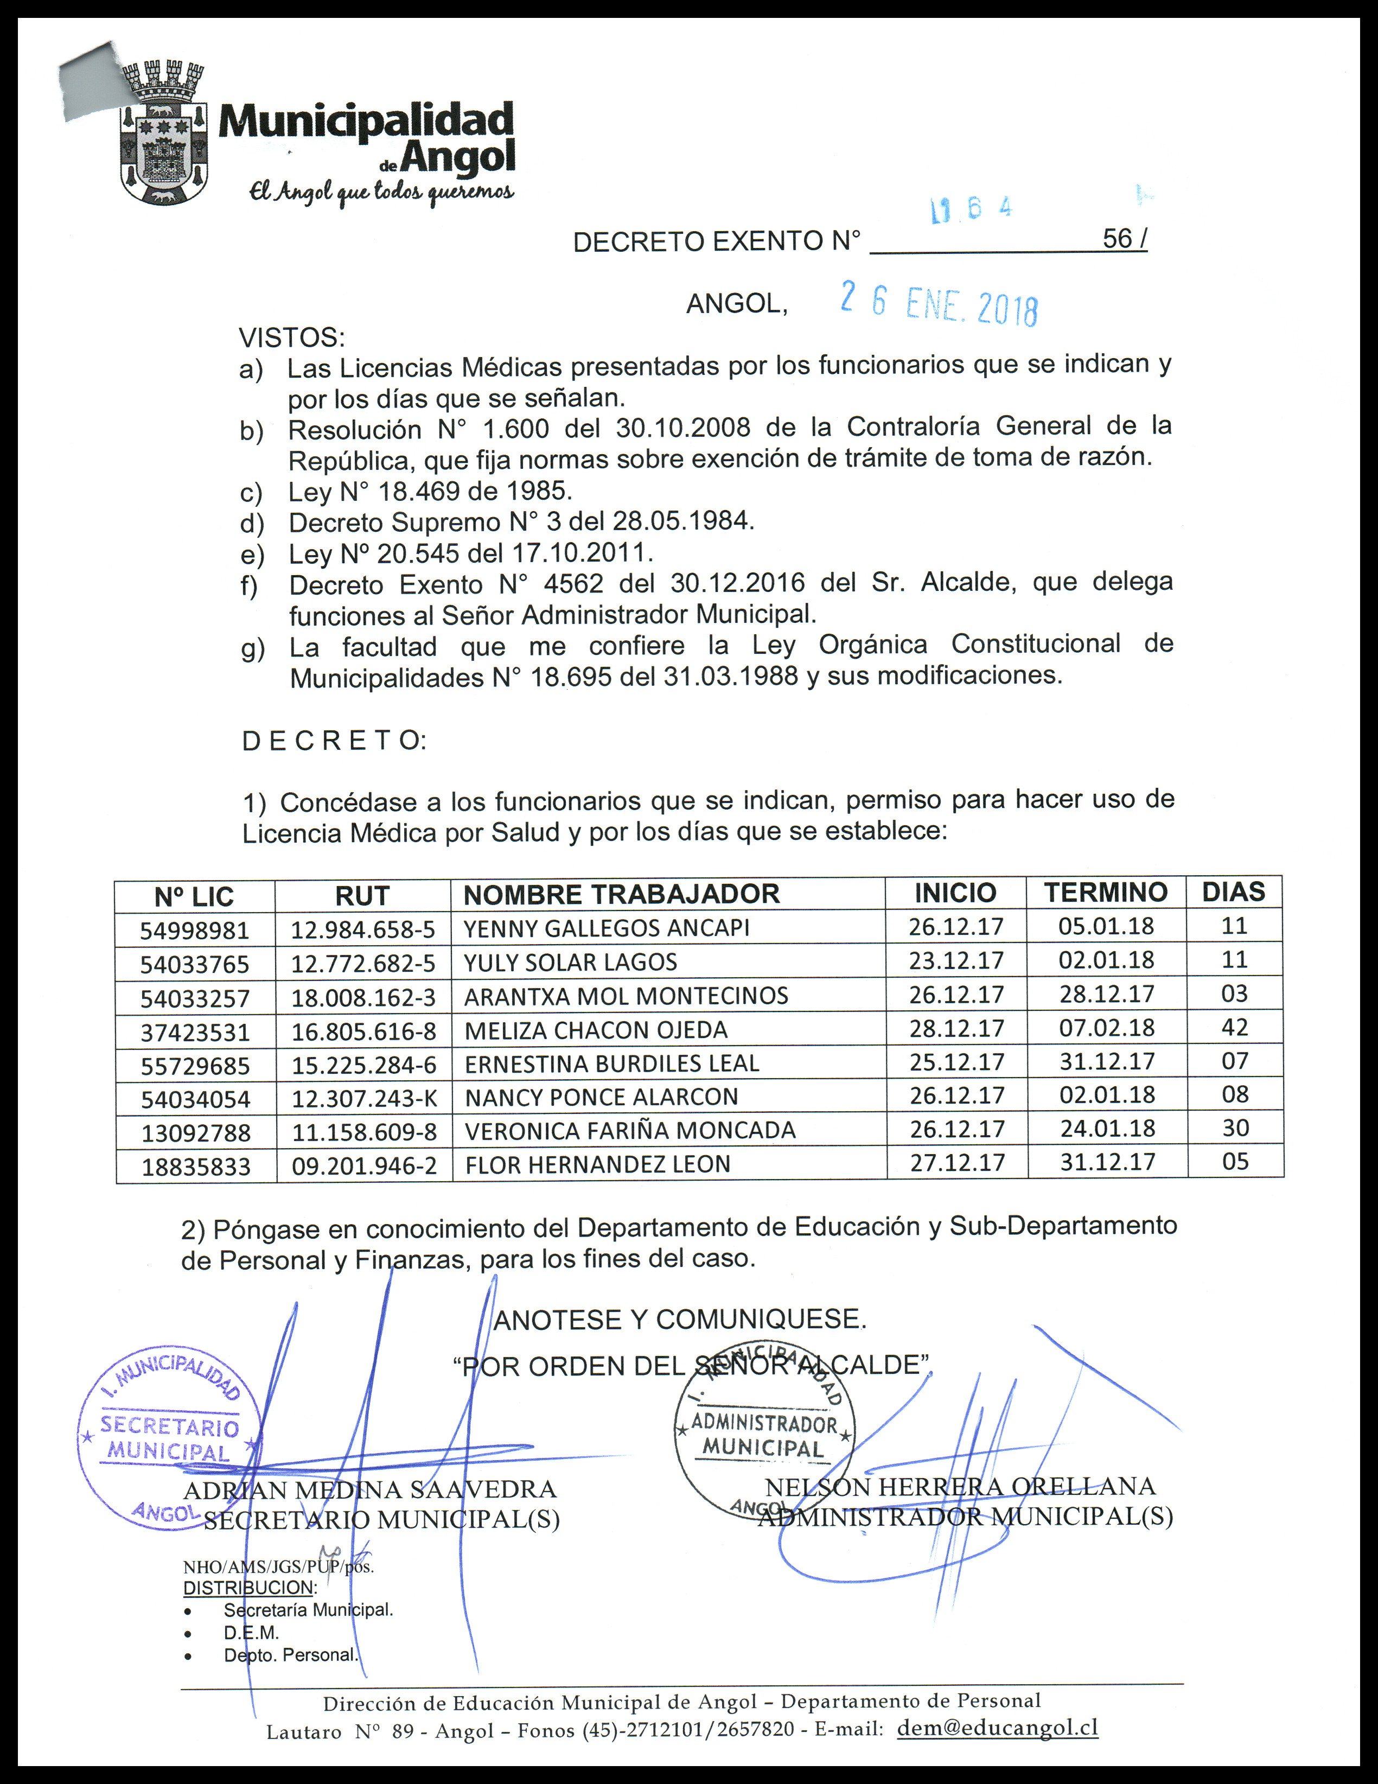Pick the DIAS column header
pos(1234,892)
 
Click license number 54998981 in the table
pos(194,931)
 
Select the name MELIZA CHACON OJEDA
pos(596,1030)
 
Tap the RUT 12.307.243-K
pos(365,1098)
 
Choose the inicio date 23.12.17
pos(956,960)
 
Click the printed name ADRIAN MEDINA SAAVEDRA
pos(370,1489)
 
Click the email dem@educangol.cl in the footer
pos(997,1728)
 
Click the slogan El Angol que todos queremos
pos(381,192)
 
